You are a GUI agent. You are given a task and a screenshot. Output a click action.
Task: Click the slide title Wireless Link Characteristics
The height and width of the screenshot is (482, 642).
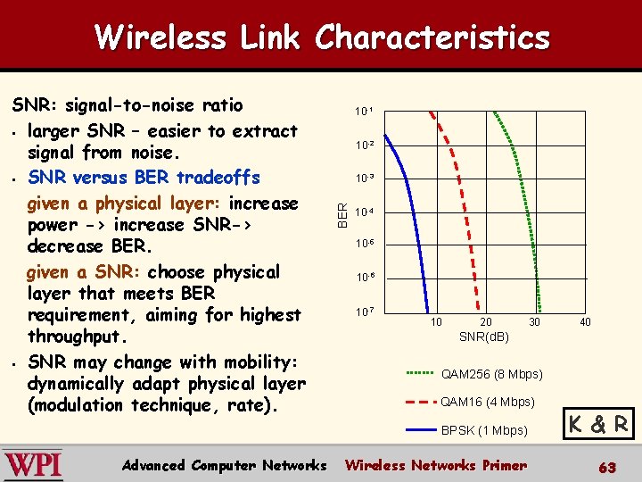322,37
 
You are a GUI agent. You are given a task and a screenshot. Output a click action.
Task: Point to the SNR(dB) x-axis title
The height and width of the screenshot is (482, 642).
483,337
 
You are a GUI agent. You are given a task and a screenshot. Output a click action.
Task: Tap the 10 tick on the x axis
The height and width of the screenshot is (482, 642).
436,321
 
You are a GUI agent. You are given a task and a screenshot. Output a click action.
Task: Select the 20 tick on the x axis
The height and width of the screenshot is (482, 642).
485,321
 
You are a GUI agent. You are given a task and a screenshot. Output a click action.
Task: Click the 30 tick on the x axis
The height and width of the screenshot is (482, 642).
534,321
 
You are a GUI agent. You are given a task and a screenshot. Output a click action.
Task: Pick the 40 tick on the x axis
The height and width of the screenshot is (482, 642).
584,321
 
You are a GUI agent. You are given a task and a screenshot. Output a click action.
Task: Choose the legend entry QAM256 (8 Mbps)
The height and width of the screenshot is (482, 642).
491,373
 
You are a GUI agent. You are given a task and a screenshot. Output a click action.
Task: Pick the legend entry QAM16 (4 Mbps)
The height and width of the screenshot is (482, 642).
488,402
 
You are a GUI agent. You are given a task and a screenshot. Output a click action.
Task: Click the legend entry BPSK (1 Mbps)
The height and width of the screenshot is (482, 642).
484,430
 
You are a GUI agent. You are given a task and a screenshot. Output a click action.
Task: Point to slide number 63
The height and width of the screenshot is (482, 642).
606,467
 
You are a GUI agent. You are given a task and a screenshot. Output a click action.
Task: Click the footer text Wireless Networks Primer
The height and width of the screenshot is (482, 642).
435,465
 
